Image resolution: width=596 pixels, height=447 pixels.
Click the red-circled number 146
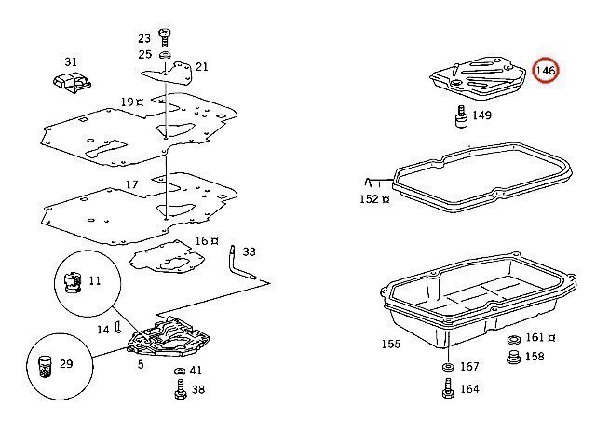click(546, 71)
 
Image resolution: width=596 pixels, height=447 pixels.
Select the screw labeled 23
click(164, 37)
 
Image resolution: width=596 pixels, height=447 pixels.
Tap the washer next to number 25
click(165, 54)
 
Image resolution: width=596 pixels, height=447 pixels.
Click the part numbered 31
click(73, 83)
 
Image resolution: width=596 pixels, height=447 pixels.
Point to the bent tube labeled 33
click(240, 264)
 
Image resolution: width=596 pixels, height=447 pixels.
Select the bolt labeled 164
click(449, 388)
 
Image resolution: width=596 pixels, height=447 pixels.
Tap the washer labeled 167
click(448, 367)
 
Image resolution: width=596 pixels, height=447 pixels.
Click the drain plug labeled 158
click(514, 358)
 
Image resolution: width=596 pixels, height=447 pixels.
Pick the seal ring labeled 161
click(514, 339)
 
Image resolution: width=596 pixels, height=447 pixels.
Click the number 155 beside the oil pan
click(391, 344)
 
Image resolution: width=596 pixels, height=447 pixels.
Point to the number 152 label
click(369, 199)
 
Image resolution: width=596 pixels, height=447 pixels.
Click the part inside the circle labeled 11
click(73, 282)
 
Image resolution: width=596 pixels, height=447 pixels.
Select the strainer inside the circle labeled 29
click(46, 366)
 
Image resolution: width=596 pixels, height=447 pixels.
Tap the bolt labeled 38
click(181, 389)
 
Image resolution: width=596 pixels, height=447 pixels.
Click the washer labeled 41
click(180, 371)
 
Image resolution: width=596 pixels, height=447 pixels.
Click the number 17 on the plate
click(132, 184)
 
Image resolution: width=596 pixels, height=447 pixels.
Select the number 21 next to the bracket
click(202, 67)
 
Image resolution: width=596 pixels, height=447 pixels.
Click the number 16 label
click(202, 240)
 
